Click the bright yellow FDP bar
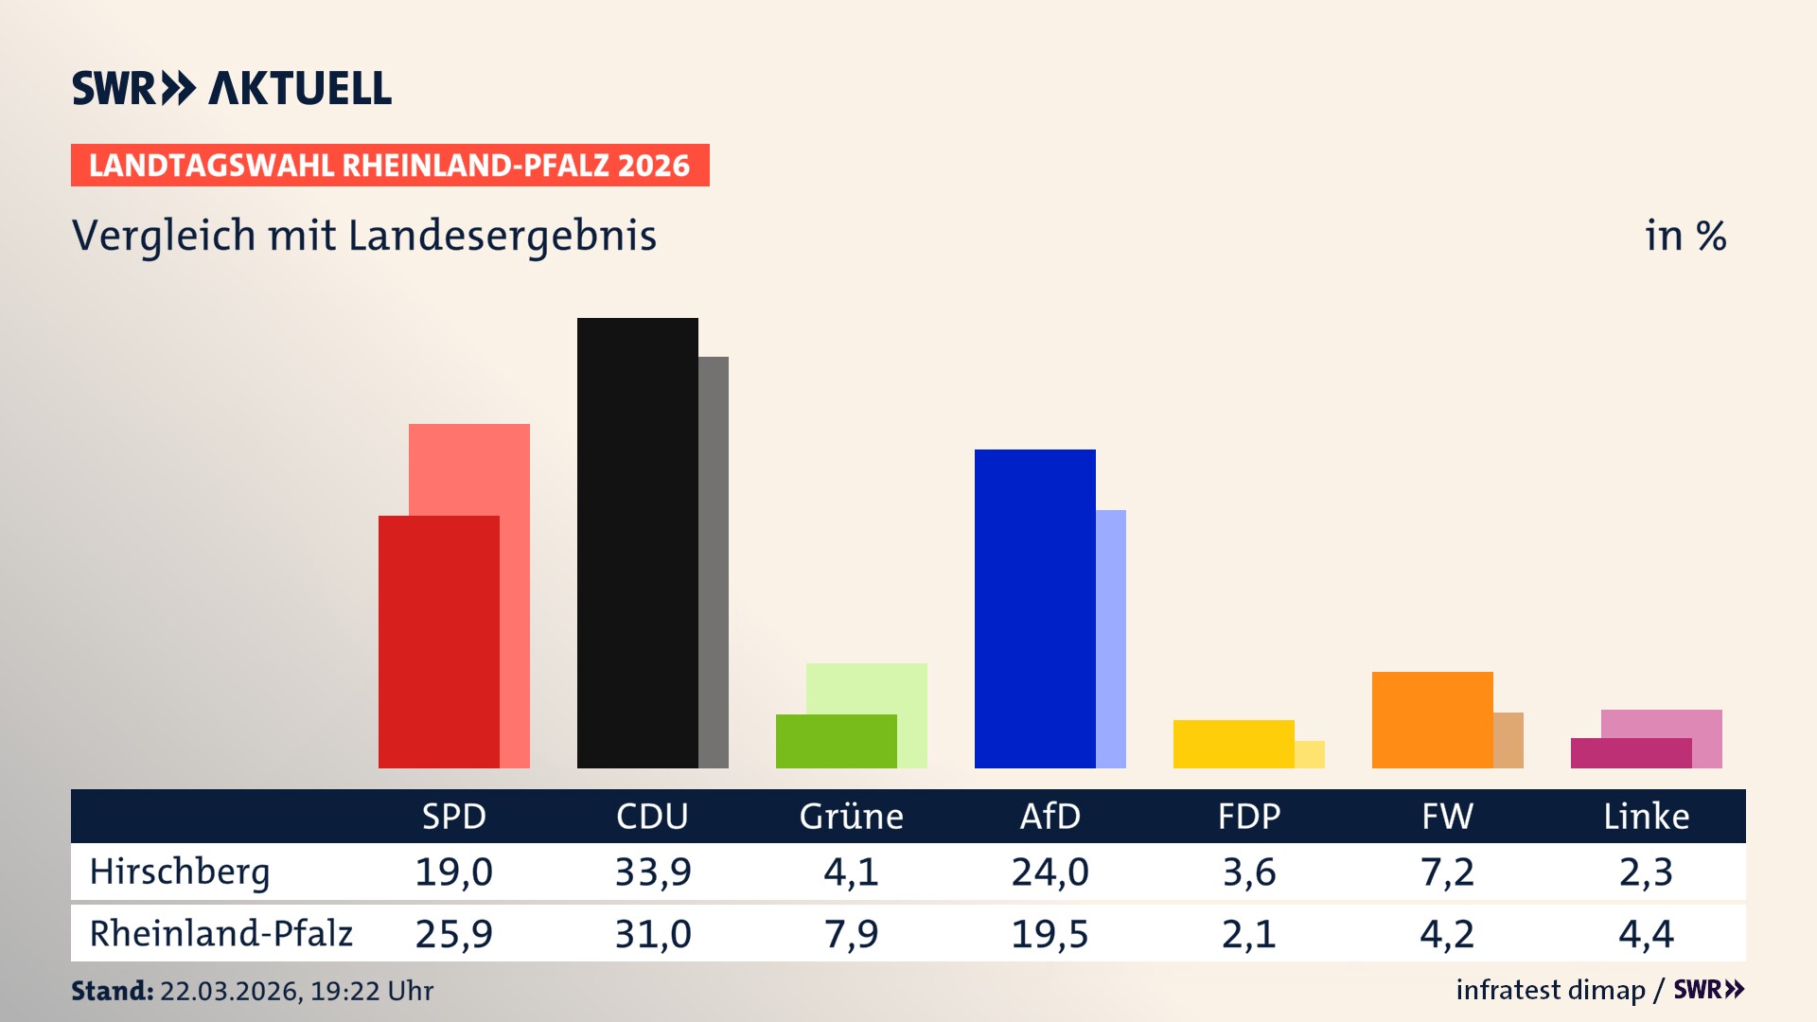tap(1233, 744)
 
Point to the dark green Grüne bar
tap(836, 741)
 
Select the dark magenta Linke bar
tap(1631, 753)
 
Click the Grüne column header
tap(851, 816)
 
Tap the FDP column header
tap(1248, 816)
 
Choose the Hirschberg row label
tap(180, 872)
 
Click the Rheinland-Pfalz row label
tap(221, 934)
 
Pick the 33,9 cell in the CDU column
tap(653, 872)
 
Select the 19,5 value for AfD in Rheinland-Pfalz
tap(1050, 934)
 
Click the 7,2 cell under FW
tap(1447, 872)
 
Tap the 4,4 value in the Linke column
tap(1646, 934)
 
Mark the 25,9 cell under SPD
tap(454, 934)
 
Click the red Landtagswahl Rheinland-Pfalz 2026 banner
tap(390, 165)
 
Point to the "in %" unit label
tap(1685, 236)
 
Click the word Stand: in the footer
tap(112, 991)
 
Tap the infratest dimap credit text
tap(1550, 990)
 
